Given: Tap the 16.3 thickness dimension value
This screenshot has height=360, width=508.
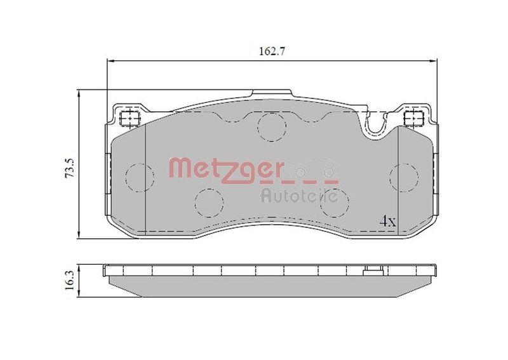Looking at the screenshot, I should (x=71, y=280).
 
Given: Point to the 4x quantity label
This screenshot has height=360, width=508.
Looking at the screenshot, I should (x=387, y=222).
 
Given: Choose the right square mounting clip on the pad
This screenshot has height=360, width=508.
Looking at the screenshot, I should (x=413, y=117).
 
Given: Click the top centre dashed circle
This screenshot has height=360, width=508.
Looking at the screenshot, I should (x=272, y=126).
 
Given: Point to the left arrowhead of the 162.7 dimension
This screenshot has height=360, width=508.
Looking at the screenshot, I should (x=109, y=61).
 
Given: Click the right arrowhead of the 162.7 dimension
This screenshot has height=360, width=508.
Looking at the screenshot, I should (x=434, y=61).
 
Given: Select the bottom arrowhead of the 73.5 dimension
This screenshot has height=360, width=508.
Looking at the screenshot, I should (x=79, y=236).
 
